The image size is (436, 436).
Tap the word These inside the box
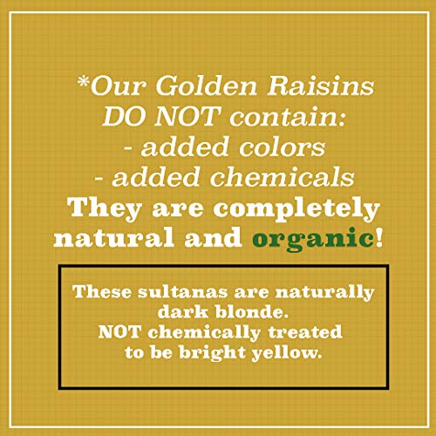point(98,291)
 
